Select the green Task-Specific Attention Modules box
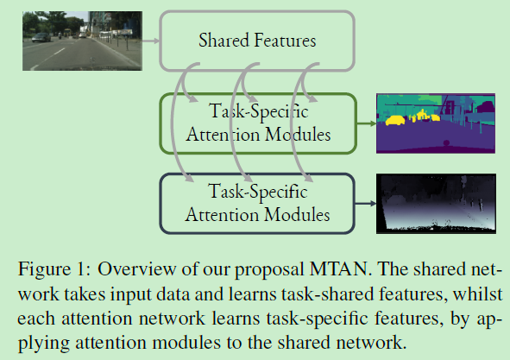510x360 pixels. click(257, 123)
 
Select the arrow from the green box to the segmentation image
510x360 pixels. click(366, 123)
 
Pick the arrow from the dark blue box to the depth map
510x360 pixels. click(366, 202)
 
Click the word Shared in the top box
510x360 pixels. click(222, 40)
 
